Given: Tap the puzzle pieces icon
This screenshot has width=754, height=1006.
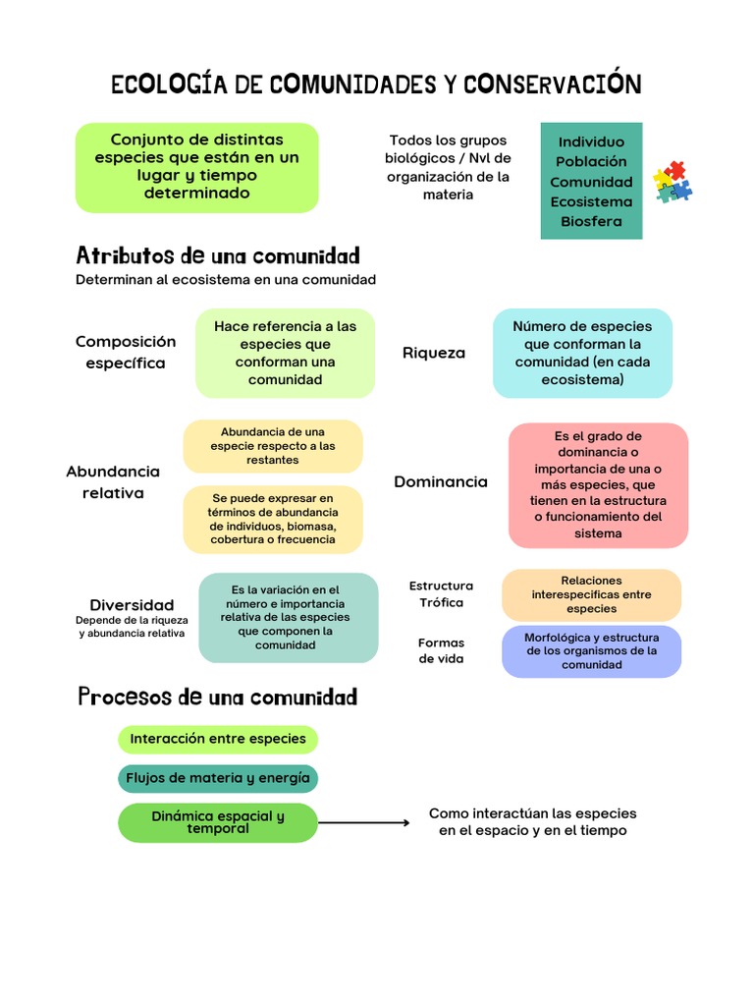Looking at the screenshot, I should pos(673,181).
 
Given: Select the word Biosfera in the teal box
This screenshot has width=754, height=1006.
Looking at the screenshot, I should pos(591,221).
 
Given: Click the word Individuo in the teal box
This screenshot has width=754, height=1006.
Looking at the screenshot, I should pos(591,141).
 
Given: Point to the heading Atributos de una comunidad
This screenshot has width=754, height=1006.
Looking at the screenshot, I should pos(218,256).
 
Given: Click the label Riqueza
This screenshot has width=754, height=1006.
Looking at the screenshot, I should pos(434,353).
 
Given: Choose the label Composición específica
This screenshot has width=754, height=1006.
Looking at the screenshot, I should pos(126,352).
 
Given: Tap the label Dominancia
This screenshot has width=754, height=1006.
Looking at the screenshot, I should pos(441,481).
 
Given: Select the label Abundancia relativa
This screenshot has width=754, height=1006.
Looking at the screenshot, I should pos(113,481).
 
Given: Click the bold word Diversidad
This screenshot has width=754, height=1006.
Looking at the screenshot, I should pos(132,605).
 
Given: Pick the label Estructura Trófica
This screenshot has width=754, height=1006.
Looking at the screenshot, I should pos(441,593).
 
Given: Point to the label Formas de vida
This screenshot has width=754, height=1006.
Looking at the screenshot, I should pos(441,650).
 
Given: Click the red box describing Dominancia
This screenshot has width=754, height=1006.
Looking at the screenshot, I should pos(598,485).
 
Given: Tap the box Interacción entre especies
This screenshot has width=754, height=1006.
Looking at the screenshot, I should pos(218,739).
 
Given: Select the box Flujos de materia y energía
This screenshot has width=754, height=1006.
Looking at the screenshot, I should pos(218,778).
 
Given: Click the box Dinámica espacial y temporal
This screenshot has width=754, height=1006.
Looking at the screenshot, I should pos(218,822).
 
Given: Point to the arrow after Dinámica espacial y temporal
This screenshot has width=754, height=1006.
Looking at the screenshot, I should pos(364,822).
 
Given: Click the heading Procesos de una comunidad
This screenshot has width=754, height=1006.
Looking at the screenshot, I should pos(218,698).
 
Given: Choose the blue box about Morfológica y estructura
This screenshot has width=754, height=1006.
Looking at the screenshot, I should pos(591,651).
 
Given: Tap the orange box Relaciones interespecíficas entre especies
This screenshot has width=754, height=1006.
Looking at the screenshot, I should pos(591,594).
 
